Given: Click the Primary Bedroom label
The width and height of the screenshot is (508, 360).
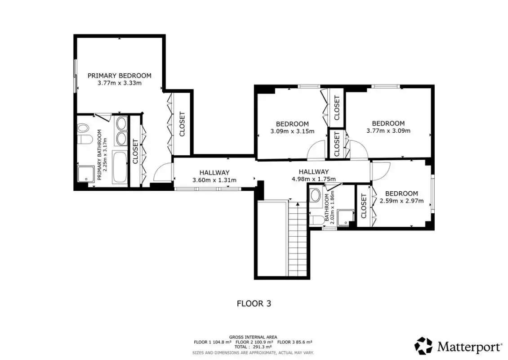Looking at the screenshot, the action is tap(119, 76).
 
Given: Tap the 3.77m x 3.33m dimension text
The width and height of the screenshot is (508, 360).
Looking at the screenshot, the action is tap(119, 83).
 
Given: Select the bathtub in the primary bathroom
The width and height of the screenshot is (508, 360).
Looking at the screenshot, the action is tap(120, 167).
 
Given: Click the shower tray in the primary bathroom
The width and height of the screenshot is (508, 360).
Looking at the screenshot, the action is tap(86, 174).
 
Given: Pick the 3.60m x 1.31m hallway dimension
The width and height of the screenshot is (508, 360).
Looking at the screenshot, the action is tap(214, 180).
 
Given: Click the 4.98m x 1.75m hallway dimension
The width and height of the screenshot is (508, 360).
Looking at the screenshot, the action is tap(314, 179).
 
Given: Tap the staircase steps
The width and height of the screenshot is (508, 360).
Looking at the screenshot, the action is tap(298, 238).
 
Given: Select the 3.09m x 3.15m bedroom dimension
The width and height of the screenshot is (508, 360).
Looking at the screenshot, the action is tap(292, 131).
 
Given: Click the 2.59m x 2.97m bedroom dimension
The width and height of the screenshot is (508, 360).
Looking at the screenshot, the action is tap(401, 201).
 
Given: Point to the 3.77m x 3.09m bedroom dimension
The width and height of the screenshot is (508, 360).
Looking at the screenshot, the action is tap(388, 130).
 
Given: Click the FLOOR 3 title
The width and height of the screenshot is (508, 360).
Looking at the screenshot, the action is tap(254, 304).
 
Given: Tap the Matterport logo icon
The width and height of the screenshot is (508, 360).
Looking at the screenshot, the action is tap(423, 346).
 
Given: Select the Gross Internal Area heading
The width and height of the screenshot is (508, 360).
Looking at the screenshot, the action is tap(253, 337).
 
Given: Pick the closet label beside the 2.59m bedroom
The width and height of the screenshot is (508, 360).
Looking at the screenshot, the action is tap(363, 206).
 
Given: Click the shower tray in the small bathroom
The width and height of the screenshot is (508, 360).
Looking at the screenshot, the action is tap(345, 217).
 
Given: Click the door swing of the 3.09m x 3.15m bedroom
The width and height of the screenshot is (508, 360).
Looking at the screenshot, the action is tap(316, 150).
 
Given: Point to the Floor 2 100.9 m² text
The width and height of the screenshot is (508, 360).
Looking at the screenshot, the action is tap(254, 342).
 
